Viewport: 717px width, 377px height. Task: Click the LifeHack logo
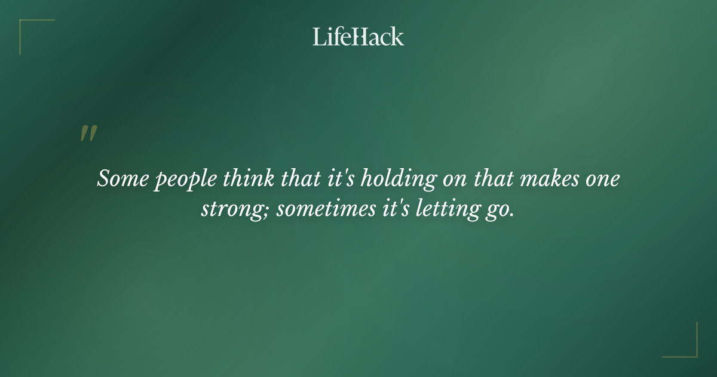[358, 37]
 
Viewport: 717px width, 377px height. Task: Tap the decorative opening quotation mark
[88, 133]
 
